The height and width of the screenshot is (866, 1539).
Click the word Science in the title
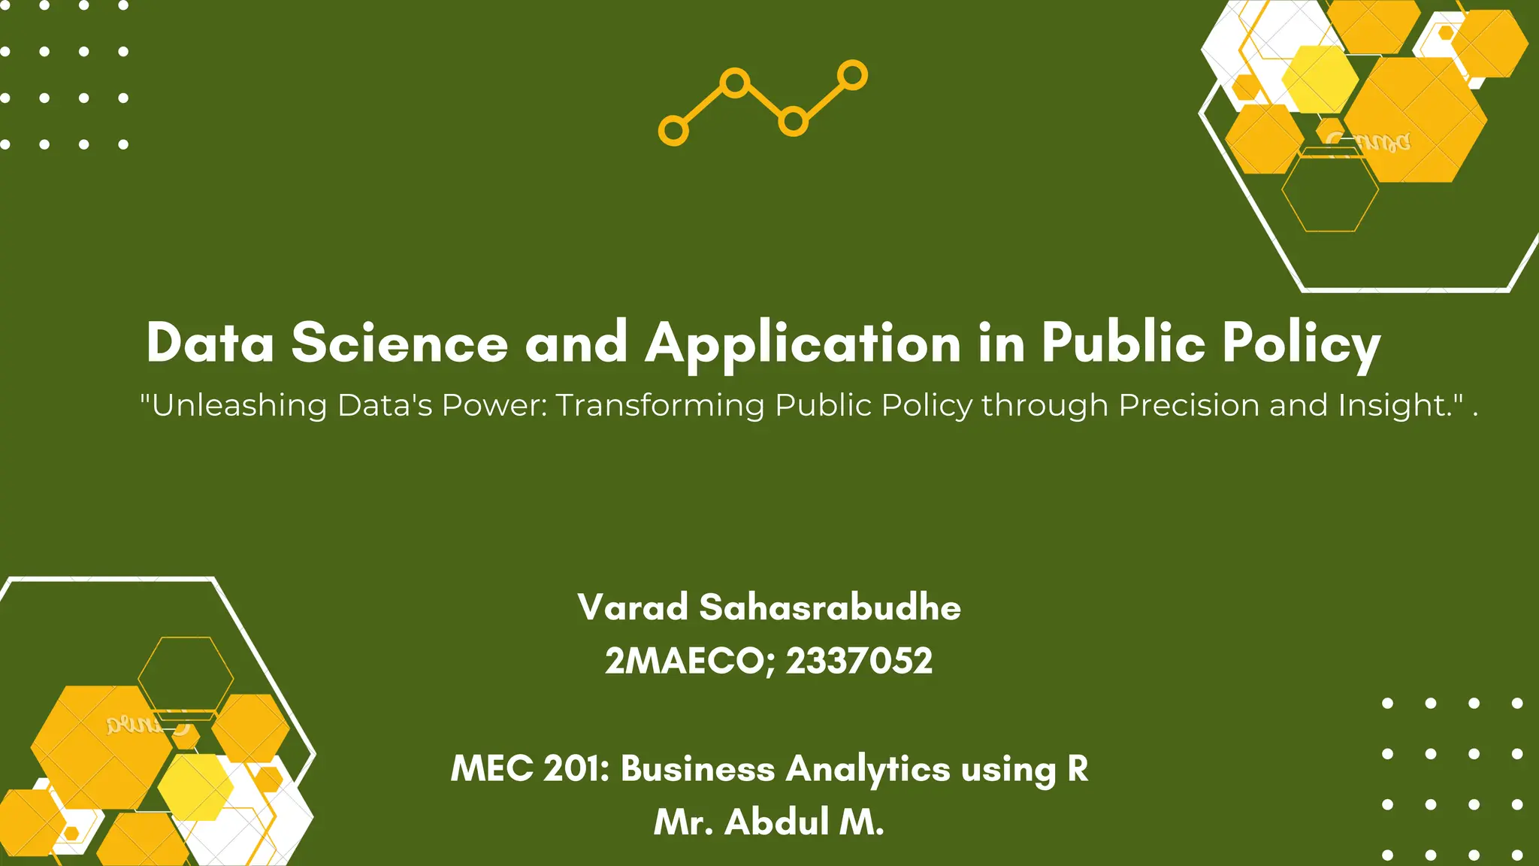pos(399,343)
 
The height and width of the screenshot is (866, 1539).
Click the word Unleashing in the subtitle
pos(239,405)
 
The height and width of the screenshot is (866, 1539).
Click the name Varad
pos(633,607)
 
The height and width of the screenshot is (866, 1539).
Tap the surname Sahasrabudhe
pos(830,607)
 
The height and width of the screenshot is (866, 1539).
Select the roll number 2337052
pos(859,662)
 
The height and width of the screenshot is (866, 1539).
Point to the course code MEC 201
pos(529,768)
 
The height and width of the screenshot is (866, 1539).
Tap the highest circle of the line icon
pos(852,75)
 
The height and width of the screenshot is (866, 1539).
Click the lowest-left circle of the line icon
pos(673,131)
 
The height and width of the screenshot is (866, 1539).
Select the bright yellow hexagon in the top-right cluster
pos(1320,79)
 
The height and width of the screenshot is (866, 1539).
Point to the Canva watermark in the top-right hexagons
pos(1369,141)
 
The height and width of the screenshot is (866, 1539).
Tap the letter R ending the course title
pos(1077,768)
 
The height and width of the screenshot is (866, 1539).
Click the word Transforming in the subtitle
pos(660,405)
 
